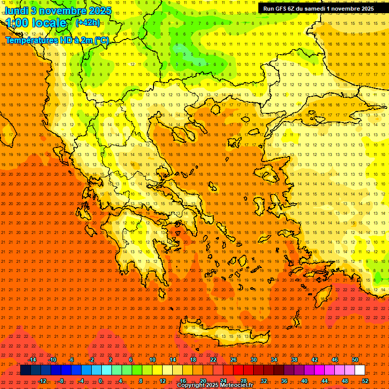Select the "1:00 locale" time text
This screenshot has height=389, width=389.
[36, 23]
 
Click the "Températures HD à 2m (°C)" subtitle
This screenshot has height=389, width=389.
[57, 40]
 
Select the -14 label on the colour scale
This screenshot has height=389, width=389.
[32, 360]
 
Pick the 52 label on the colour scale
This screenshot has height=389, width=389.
[365, 380]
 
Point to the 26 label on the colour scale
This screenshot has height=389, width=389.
[234, 360]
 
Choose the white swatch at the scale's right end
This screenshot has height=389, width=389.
[360, 370]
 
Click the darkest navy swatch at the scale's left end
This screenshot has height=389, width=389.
[25, 370]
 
